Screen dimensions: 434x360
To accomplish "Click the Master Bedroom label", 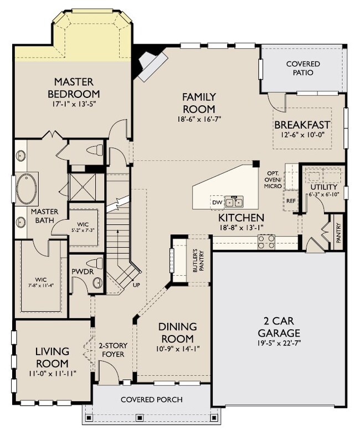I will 74,87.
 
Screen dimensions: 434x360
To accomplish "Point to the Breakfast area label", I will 302,125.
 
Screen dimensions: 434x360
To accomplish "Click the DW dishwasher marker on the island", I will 217,202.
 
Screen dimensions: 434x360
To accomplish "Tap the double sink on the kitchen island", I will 235,201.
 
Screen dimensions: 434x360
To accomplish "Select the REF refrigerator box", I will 291,201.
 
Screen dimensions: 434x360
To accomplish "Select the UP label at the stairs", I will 136,285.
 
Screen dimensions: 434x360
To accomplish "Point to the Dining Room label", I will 178,332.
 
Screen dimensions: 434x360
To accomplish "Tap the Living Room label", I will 52,357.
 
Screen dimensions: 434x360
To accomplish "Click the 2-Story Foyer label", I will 112,350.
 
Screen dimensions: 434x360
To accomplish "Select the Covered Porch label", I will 151,399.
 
